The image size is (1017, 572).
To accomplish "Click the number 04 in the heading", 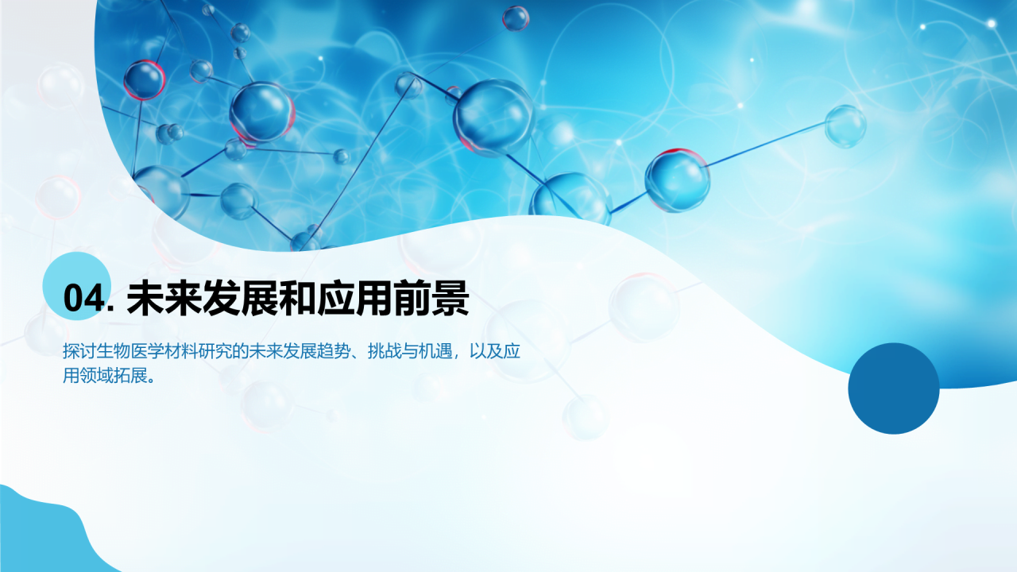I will pos(83,299).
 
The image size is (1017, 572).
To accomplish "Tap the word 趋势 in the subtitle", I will pos(334,352).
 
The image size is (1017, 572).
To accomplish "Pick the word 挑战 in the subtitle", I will pos(385,352).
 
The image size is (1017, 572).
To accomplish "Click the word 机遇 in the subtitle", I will pos(436,352).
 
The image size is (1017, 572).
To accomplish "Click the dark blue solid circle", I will pos(894,388).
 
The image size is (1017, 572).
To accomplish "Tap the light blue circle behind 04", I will pos(75,286).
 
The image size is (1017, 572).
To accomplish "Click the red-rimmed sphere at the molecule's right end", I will pos(677,180).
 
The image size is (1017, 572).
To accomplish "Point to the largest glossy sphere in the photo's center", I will pos(493,118).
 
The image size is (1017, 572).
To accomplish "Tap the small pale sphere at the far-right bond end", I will pos(845,126).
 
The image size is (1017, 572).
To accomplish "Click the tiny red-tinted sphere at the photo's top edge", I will pos(516,17).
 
